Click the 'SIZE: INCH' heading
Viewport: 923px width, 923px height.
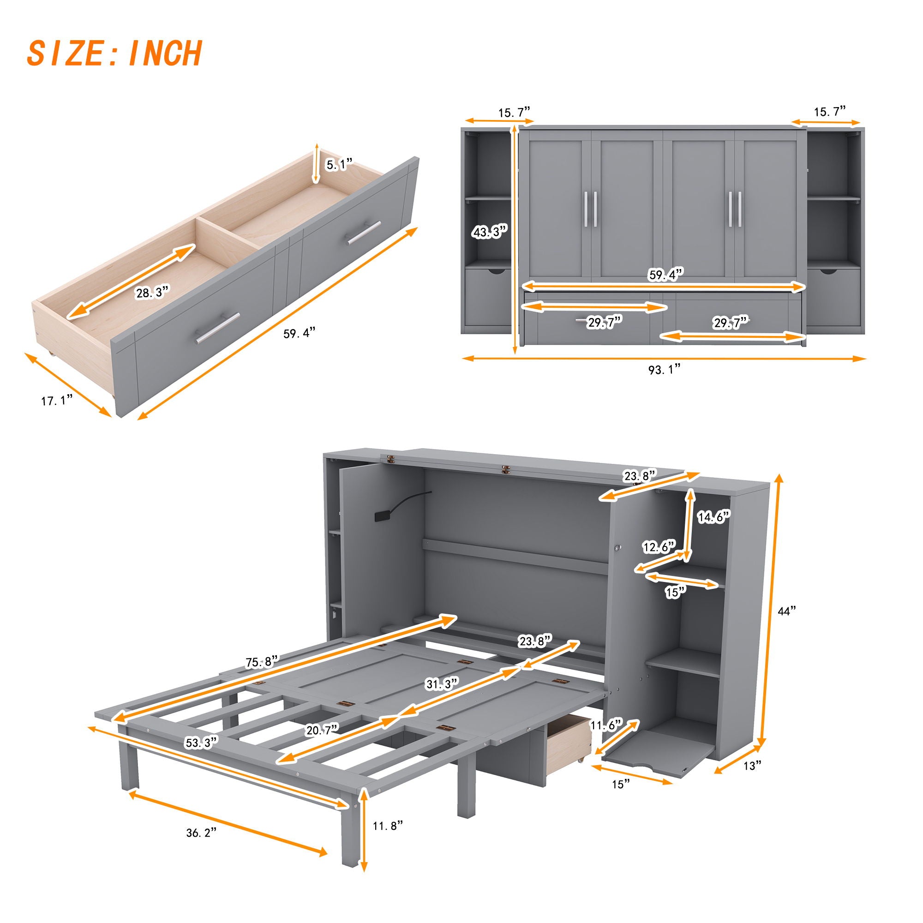pos(114,54)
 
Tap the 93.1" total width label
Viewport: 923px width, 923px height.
pos(664,369)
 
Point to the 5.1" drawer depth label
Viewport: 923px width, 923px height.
pos(339,165)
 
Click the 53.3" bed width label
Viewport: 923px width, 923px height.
pos(201,743)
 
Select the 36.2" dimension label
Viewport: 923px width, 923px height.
pos(201,845)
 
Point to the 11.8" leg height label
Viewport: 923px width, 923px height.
pos(388,825)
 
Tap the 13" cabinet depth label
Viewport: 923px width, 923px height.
pos(751,765)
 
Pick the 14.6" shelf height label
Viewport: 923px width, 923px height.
pos(714,517)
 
